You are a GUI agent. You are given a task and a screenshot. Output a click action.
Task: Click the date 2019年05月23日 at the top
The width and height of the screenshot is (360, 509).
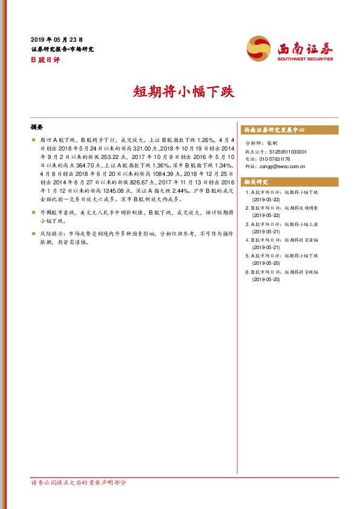point(56,38)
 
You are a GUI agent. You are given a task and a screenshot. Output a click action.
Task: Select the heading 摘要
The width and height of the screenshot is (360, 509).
point(37,128)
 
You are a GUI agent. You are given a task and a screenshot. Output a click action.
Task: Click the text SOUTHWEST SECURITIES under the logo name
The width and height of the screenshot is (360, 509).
point(306,59)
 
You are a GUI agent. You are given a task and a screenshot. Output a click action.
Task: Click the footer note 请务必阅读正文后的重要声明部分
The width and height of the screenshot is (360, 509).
point(79,482)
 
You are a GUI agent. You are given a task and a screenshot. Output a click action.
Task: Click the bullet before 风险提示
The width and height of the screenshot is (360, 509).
point(34,233)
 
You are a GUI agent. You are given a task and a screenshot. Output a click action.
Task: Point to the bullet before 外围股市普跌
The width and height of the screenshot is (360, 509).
point(34,213)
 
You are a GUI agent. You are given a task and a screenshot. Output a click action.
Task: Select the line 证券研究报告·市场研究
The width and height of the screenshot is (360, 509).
point(62,49)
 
